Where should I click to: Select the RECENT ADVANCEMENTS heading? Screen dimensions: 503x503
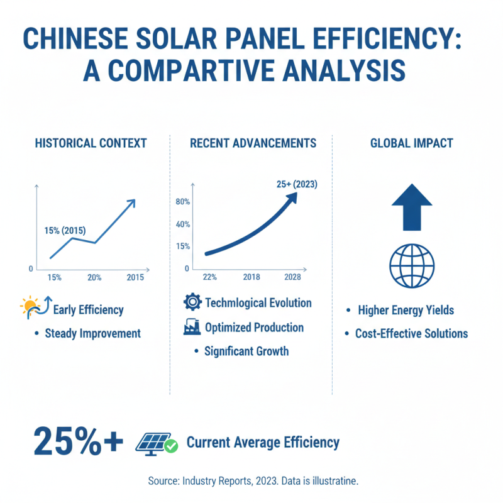(x=253, y=143)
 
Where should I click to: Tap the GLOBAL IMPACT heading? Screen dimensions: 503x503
(x=411, y=143)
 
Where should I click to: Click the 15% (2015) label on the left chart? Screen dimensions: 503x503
(x=65, y=230)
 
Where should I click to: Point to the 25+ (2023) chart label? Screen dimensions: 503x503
(x=297, y=185)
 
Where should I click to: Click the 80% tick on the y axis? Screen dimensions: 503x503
(x=183, y=202)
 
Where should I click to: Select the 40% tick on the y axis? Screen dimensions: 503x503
(x=183, y=224)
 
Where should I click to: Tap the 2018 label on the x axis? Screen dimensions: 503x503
(x=251, y=277)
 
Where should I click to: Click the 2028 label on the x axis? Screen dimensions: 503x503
(x=292, y=277)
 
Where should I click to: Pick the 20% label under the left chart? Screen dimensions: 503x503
(x=94, y=277)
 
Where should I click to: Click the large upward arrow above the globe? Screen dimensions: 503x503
(x=412, y=207)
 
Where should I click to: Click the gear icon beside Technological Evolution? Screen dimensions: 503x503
(x=192, y=302)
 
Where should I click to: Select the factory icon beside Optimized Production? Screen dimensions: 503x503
(x=192, y=328)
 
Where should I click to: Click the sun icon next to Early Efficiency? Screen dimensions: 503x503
(x=30, y=307)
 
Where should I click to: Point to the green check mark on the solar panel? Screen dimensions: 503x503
(x=171, y=446)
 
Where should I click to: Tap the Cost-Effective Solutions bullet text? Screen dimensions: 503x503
(x=411, y=333)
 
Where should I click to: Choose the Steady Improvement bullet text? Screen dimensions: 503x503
(x=92, y=333)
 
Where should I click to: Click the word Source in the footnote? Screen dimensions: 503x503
(x=163, y=480)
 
